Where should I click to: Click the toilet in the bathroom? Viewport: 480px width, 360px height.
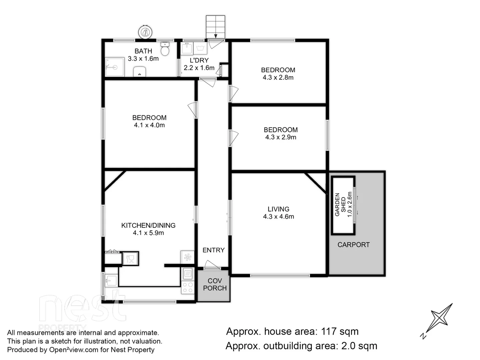click(x=165, y=50)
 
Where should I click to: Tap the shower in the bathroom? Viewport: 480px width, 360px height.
click(x=114, y=67)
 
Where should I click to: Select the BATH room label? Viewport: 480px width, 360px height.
click(x=143, y=51)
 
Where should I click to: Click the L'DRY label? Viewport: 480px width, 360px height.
click(x=199, y=60)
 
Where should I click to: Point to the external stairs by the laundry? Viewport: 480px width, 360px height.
click(x=215, y=27)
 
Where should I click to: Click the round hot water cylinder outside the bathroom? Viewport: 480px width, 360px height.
click(x=146, y=32)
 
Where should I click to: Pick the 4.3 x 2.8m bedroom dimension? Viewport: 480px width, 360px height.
click(x=278, y=77)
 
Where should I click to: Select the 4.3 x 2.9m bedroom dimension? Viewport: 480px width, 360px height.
click(x=280, y=137)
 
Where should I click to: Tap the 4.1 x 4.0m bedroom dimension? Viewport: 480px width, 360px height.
click(x=149, y=125)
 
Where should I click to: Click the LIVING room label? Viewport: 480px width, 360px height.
click(x=278, y=209)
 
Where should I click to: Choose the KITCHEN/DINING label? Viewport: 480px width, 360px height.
click(x=148, y=225)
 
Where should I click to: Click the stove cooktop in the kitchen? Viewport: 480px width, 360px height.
click(x=188, y=287)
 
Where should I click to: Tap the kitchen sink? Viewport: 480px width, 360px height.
click(x=111, y=280)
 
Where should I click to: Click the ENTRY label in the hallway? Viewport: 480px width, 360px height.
click(x=213, y=250)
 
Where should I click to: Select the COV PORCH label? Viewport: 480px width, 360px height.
click(x=215, y=284)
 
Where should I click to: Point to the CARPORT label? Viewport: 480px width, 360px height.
click(x=353, y=245)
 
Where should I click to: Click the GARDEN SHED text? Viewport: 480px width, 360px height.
click(x=340, y=204)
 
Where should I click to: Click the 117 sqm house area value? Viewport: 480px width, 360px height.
click(x=339, y=331)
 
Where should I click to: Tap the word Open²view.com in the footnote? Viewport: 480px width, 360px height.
click(x=73, y=350)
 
